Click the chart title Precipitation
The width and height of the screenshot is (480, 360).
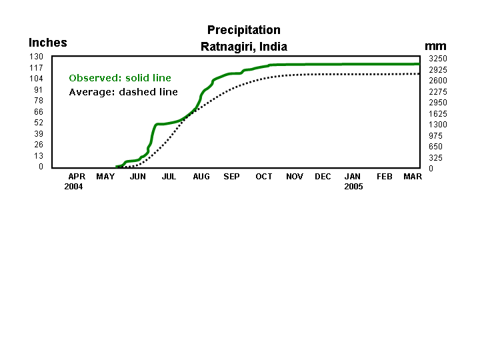243,30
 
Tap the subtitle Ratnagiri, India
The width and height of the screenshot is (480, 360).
243,47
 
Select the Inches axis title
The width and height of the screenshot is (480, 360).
48,43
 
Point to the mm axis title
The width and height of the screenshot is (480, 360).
435,46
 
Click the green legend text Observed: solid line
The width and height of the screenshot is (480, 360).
120,78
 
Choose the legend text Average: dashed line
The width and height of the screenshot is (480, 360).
123,92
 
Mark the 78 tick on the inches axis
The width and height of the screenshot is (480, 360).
38,101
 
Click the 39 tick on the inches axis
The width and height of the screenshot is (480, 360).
38,134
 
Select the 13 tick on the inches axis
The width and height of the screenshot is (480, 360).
38,156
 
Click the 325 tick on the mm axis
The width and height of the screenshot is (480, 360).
435,158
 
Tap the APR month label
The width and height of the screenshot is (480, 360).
77,177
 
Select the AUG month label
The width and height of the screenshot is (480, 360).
201,177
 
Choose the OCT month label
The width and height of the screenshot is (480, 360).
264,177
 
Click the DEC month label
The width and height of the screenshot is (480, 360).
323,177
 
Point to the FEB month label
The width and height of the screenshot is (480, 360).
385,177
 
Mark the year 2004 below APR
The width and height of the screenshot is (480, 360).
73,187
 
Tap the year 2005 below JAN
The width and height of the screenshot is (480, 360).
353,187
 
